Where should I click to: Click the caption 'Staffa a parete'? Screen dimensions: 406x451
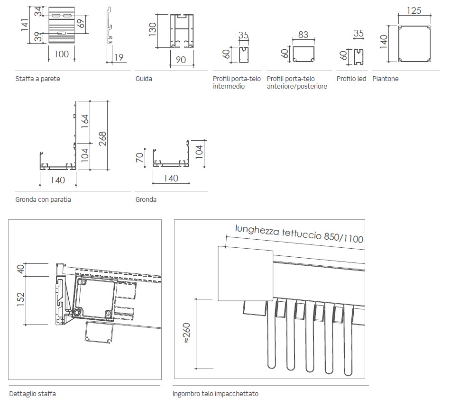(38, 79)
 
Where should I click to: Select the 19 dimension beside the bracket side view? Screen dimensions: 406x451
(119, 58)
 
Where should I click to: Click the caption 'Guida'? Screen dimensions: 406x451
(144, 79)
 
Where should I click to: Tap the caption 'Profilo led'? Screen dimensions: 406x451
(351, 79)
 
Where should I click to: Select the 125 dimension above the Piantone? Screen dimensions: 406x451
(414, 10)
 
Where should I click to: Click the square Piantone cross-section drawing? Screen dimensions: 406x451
(415, 44)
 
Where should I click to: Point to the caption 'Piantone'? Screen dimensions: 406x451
(386, 79)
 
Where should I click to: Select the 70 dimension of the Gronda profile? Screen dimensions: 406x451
(139, 157)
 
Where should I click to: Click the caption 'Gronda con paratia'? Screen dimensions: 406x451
(43, 199)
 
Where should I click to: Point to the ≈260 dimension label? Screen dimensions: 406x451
(186, 334)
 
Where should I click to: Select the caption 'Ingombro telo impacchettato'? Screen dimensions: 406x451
(215, 394)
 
